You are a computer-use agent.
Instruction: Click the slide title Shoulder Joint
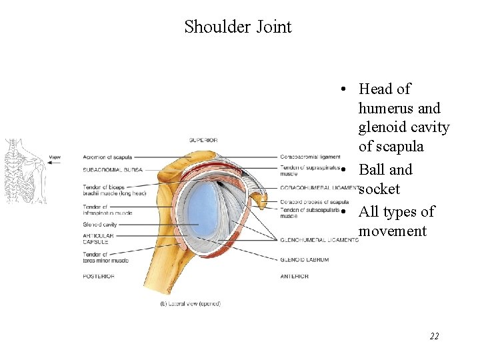point(238,27)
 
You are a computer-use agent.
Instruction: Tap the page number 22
point(434,336)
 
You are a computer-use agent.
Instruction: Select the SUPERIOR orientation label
point(203,140)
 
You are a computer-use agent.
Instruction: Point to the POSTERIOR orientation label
point(99,276)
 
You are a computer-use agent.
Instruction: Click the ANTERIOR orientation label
point(294,276)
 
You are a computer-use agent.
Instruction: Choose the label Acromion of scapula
point(107,157)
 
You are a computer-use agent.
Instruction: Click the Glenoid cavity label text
point(100,225)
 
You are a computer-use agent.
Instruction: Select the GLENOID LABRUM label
point(304,260)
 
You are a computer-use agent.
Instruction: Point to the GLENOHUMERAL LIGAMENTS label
point(319,240)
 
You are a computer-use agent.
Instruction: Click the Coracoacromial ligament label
point(310,157)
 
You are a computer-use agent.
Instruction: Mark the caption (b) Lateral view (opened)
point(190,304)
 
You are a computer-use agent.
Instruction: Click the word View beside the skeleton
point(55,158)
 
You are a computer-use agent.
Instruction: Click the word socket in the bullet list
point(379,189)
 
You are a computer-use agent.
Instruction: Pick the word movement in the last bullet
point(392,231)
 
